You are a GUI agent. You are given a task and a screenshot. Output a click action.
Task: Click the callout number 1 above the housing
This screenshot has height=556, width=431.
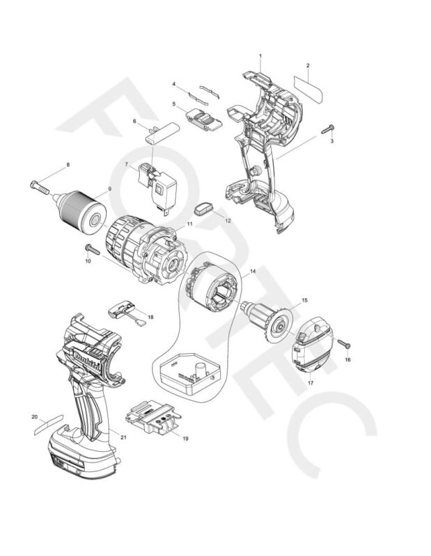coord(260,55)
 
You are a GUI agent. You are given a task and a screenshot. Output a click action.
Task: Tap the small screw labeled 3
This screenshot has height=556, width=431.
coord(328,129)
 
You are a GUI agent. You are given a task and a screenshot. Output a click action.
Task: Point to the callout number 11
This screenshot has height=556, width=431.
coord(189,225)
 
